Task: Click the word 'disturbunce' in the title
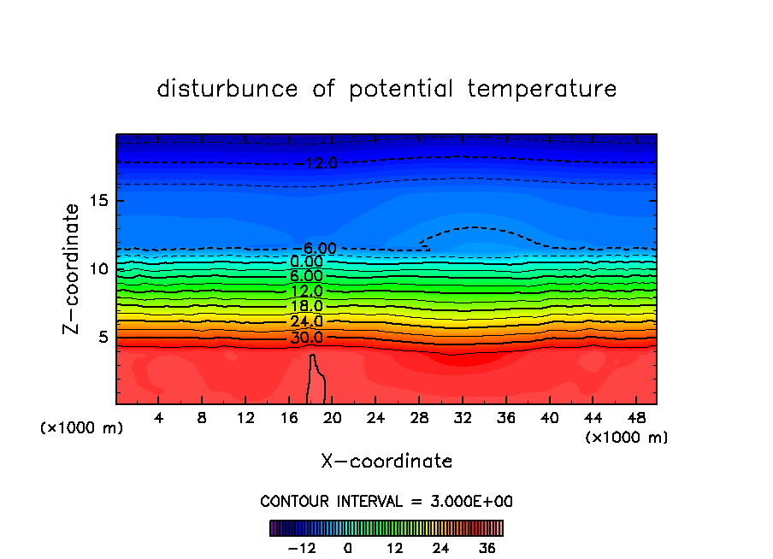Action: (227, 89)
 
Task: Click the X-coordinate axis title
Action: (386, 462)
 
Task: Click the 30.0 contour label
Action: (306, 338)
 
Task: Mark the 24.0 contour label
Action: (306, 322)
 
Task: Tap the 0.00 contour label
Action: (306, 262)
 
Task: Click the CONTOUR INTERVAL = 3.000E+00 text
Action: (386, 502)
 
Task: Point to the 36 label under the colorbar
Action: (487, 548)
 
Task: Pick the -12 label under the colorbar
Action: (301, 548)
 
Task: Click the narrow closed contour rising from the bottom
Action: (317, 380)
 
